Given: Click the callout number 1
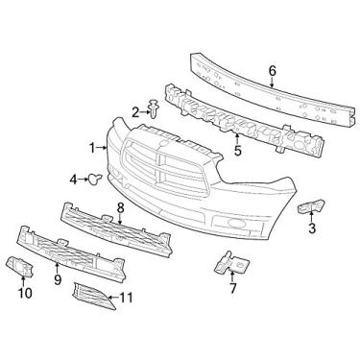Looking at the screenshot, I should coord(93,148).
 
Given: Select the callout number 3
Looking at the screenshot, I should coord(311,228).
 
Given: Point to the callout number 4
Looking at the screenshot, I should coord(73,179).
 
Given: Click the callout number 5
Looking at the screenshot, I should coord(237,150).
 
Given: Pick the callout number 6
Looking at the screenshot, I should coord(272,70).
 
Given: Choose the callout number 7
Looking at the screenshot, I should coord(231,285).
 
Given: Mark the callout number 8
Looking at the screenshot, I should coord(121,206).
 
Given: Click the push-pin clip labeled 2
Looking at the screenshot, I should coord(154,111).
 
